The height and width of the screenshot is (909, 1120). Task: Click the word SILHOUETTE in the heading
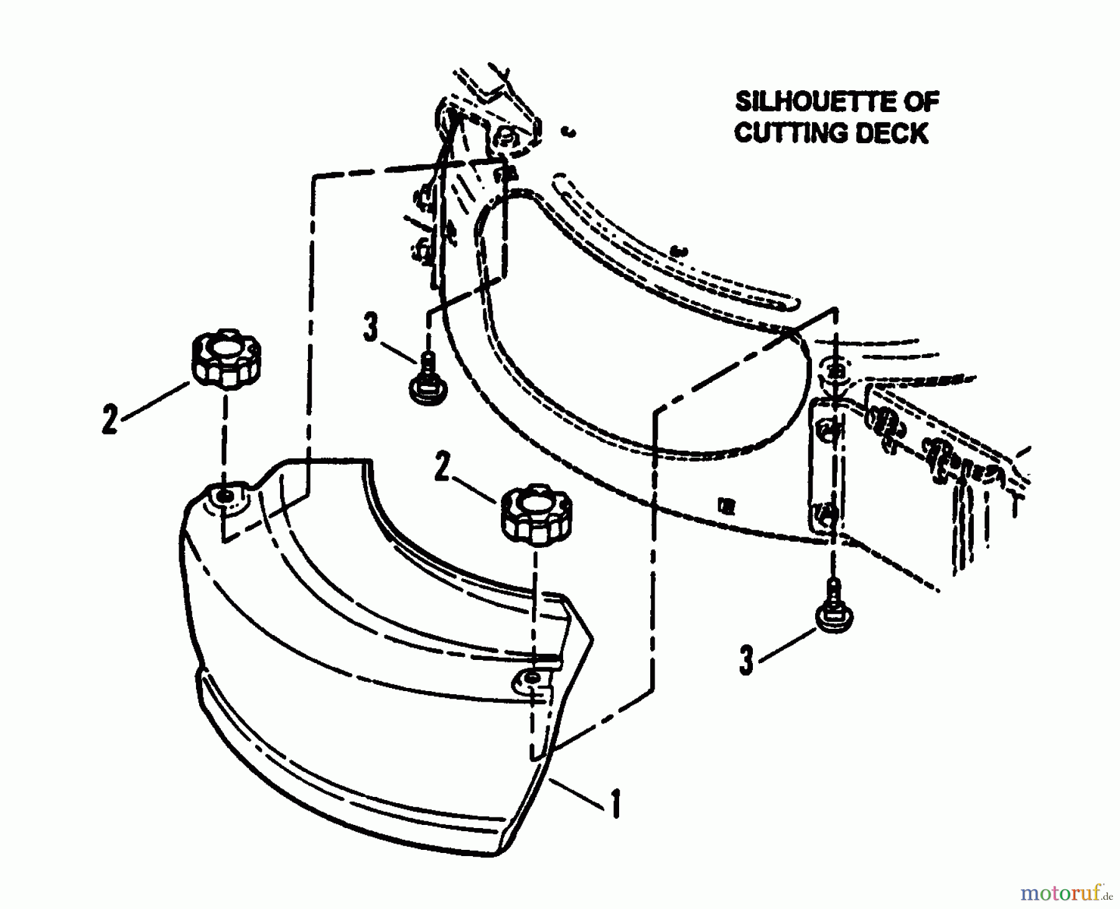tap(815, 101)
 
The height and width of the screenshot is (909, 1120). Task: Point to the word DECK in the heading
tap(891, 133)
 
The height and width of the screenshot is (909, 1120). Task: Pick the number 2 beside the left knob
tap(110, 420)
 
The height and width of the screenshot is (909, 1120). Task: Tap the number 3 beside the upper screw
tap(371, 327)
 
